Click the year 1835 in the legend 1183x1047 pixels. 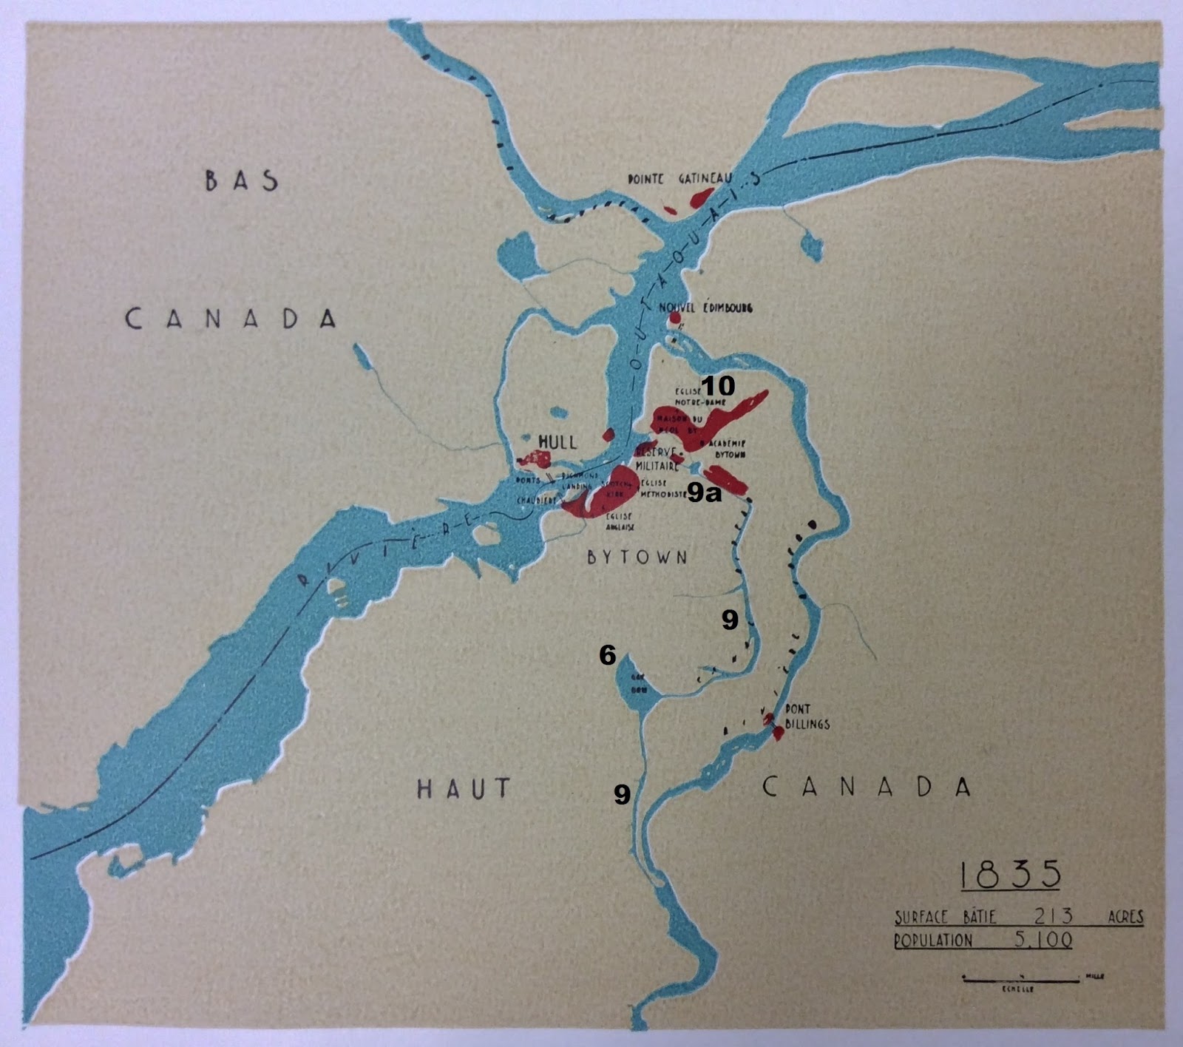pos(1010,875)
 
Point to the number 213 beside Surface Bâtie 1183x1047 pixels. pos(1053,917)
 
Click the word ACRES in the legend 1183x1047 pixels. pos(1125,918)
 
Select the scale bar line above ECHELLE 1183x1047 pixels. pos(1020,980)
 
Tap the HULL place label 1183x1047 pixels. pos(557,441)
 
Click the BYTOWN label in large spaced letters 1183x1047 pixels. pos(637,557)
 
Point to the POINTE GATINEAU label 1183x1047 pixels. pos(679,179)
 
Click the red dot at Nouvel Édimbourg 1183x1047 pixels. pos(674,318)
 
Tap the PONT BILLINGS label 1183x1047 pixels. pos(807,716)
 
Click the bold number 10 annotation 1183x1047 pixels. pos(718,385)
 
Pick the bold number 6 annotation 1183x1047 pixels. pos(607,654)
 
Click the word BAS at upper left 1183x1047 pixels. pos(242,180)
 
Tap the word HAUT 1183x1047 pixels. pos(464,788)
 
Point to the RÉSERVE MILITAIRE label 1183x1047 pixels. pos(657,459)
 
